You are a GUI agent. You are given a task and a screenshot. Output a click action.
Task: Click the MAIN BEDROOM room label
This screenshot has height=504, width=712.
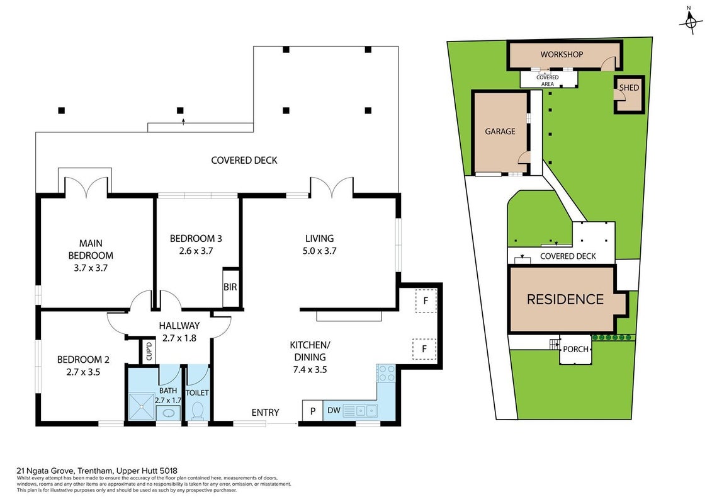pyautogui.click(x=91, y=255)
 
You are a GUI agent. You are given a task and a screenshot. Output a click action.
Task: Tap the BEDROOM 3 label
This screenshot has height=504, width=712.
pyautogui.click(x=196, y=238)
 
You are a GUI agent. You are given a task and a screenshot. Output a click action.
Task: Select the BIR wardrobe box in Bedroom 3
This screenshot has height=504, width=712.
pyautogui.click(x=230, y=287)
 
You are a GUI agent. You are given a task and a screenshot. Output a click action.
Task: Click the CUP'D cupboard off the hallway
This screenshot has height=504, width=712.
pyautogui.click(x=149, y=351)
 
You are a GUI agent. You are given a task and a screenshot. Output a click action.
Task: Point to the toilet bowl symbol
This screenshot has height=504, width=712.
pyautogui.click(x=198, y=410)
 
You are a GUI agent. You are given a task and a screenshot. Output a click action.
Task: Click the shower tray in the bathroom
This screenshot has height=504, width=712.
pyautogui.click(x=141, y=407)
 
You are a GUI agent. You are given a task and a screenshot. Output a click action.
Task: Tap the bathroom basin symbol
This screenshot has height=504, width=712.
pyautogui.click(x=169, y=413)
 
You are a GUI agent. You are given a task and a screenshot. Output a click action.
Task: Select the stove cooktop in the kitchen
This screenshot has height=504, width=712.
pyautogui.click(x=386, y=374)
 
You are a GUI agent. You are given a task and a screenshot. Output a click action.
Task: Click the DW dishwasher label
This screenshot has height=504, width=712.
pyautogui.click(x=334, y=410)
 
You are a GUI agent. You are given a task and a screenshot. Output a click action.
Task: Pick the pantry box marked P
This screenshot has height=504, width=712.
pyautogui.click(x=313, y=411)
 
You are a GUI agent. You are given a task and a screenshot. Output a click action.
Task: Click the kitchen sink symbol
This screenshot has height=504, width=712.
pyautogui.click(x=365, y=411)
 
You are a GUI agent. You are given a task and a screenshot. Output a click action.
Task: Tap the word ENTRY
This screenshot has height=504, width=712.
pyautogui.click(x=265, y=412)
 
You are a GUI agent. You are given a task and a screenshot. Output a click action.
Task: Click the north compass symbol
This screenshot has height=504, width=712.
pyautogui.click(x=690, y=21)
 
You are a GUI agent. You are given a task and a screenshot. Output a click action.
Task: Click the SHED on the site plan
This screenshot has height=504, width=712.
pyautogui.click(x=630, y=94)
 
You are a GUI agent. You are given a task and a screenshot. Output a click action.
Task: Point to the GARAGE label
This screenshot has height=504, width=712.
pyautogui.click(x=500, y=131)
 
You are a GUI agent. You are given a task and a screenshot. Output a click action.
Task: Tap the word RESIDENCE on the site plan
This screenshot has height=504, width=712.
pyautogui.click(x=565, y=299)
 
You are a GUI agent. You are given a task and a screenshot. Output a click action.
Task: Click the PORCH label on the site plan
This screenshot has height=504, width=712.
pyautogui.click(x=575, y=350)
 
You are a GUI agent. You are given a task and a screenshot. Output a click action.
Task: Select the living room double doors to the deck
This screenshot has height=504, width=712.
pyautogui.click(x=332, y=187)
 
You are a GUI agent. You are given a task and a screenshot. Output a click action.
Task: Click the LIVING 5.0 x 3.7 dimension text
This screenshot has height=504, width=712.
pyautogui.click(x=320, y=251)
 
